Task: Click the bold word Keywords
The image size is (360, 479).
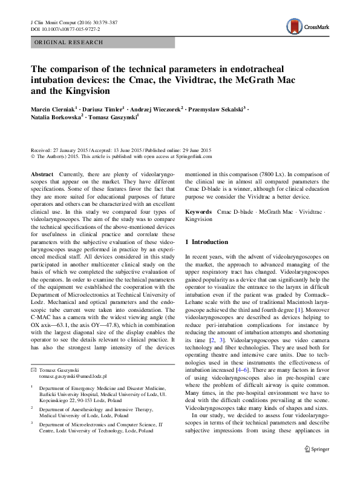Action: tap(198, 212)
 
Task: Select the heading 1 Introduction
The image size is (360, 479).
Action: tap(206, 242)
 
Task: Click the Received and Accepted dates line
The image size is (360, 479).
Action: tap(120, 150)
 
